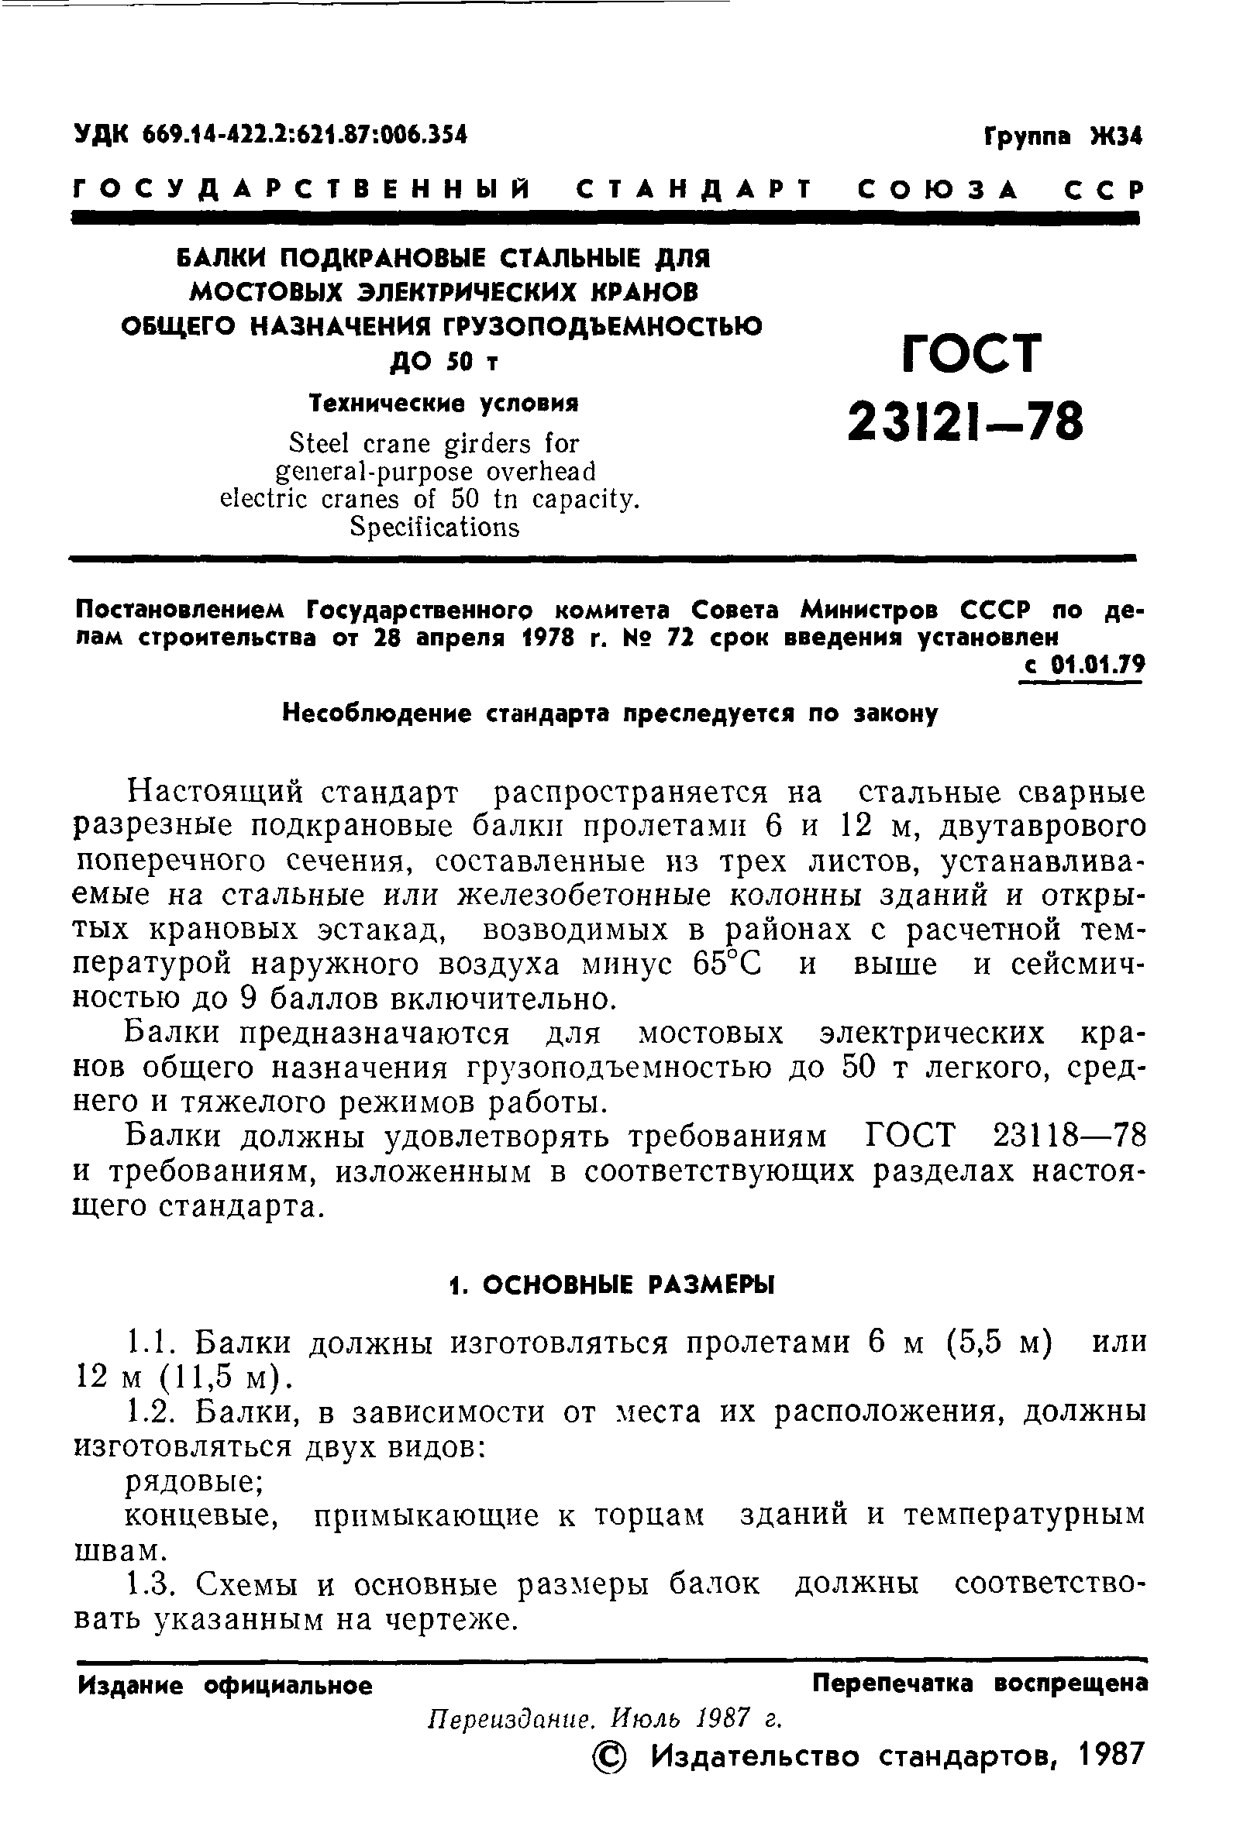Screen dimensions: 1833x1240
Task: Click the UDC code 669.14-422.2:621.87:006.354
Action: (x=305, y=135)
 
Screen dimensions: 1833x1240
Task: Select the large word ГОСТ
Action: (x=971, y=354)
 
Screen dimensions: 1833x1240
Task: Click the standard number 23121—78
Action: (x=966, y=422)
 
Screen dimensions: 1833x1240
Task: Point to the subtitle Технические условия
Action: (x=444, y=404)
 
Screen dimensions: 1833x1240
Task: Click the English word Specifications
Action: (x=435, y=527)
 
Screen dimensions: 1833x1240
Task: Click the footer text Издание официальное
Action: (x=225, y=1687)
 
